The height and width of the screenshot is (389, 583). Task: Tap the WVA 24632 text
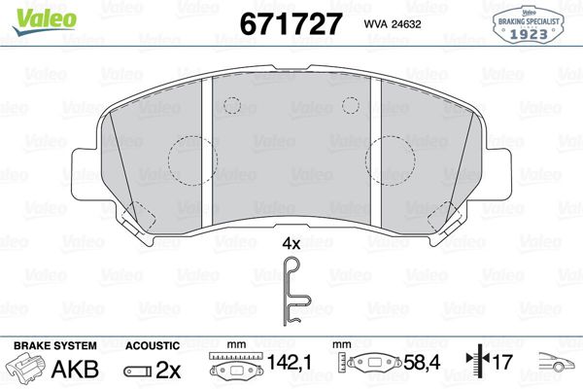tap(393, 24)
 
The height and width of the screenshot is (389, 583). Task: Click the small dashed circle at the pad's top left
tap(232, 103)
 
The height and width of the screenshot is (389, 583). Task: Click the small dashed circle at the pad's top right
tap(351, 103)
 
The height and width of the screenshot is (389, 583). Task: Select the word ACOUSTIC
tap(153, 345)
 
